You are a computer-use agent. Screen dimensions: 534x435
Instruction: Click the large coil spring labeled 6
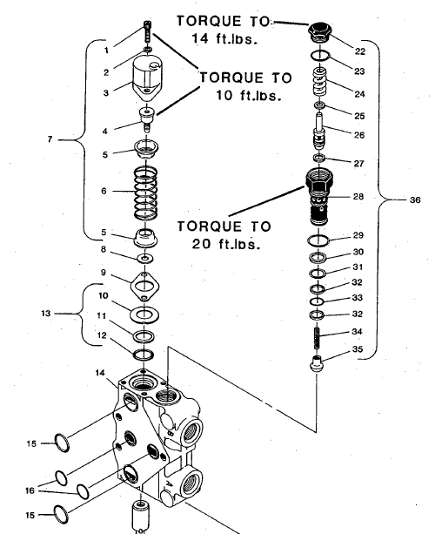144,193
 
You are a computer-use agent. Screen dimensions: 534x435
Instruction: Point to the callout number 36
414,199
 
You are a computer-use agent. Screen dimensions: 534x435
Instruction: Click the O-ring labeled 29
319,240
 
